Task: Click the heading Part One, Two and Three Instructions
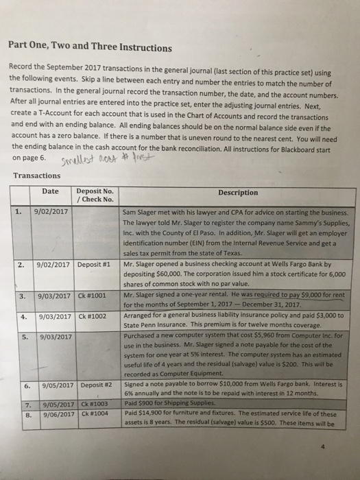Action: (x=90, y=48)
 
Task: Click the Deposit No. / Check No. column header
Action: (x=95, y=195)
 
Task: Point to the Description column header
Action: (x=238, y=193)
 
